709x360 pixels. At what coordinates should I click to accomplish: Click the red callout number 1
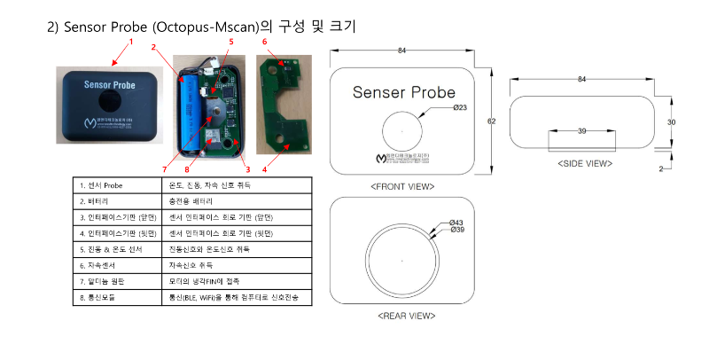click(x=131, y=41)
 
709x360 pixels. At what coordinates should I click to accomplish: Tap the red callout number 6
click(x=263, y=42)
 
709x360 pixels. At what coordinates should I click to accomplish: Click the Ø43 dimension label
click(x=458, y=221)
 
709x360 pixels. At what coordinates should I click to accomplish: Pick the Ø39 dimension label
click(x=458, y=230)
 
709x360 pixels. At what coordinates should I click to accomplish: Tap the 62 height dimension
click(x=489, y=121)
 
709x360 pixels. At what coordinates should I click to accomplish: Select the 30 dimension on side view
click(x=673, y=121)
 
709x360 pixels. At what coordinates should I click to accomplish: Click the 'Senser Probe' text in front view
click(x=403, y=92)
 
